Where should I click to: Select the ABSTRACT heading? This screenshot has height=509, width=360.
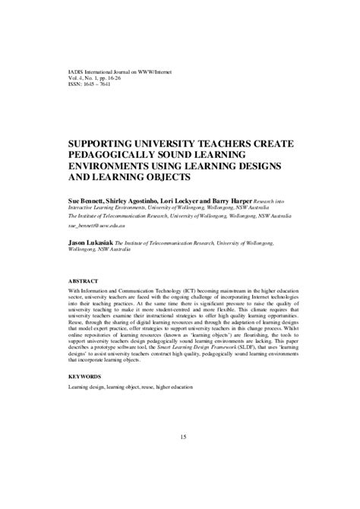[85, 279]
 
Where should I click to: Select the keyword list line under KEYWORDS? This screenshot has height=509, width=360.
[130, 387]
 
